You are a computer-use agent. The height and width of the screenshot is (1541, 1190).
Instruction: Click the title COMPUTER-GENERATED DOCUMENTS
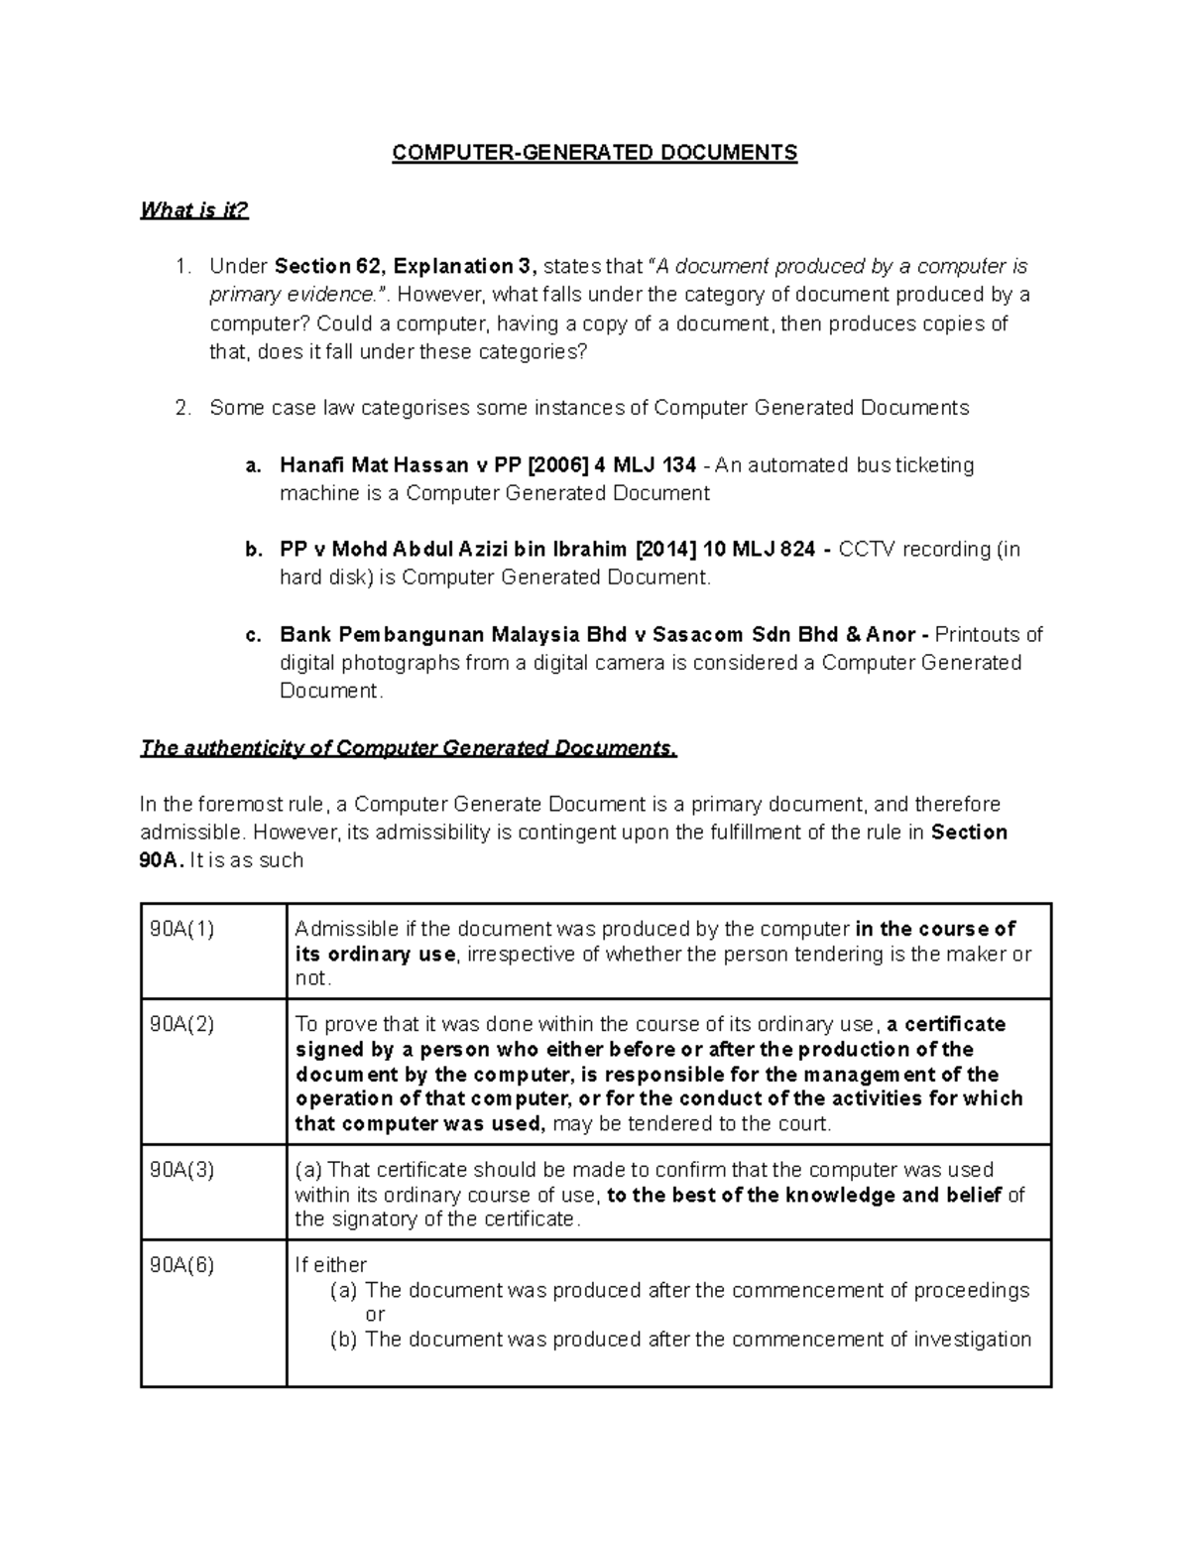pos(594,153)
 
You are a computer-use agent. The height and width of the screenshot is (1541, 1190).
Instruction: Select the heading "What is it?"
pos(194,210)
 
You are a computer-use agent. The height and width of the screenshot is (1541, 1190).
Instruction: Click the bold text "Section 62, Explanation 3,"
pos(406,266)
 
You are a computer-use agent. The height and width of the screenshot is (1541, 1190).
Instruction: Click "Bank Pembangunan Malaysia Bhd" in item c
pos(431,634)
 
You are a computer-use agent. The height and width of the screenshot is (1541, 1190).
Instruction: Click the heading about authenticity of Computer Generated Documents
pos(409,748)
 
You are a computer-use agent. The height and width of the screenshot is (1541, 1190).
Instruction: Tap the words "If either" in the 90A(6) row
pos(331,1265)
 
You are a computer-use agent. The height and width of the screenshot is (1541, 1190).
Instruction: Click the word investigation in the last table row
pos(972,1339)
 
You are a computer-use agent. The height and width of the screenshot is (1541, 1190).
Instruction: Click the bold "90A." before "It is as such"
pos(161,860)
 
